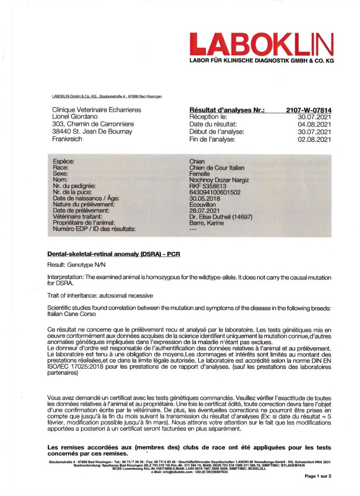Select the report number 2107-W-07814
(309, 110)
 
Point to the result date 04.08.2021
(314, 124)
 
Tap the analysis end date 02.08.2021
(314, 139)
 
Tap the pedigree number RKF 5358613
(208, 186)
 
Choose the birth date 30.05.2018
(205, 198)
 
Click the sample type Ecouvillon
(204, 204)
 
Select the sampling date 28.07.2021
(205, 210)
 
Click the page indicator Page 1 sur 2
(317, 476)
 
